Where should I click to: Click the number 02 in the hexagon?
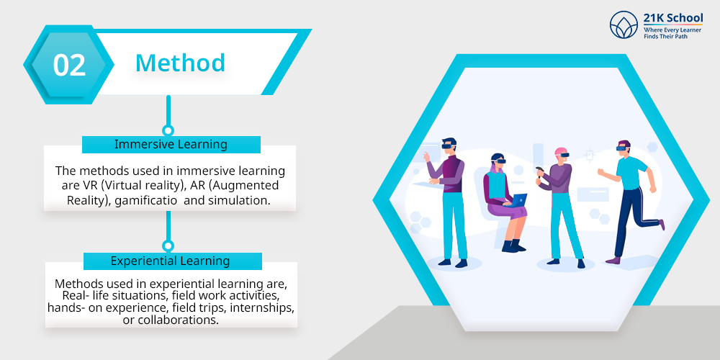[x=69, y=65]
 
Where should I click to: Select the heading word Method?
[x=180, y=63]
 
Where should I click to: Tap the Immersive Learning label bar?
[x=171, y=144]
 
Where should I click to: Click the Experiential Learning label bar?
[x=173, y=261]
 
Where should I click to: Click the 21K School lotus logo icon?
[x=624, y=24]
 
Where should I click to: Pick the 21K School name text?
[x=672, y=19]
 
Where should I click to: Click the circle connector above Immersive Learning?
[x=168, y=130]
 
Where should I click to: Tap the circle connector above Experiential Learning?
[x=168, y=246]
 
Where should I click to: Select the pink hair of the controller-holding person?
[x=561, y=151]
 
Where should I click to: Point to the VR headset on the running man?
[x=621, y=148]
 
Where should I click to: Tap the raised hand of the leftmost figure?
[x=426, y=156]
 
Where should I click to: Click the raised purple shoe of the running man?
[x=662, y=225]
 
